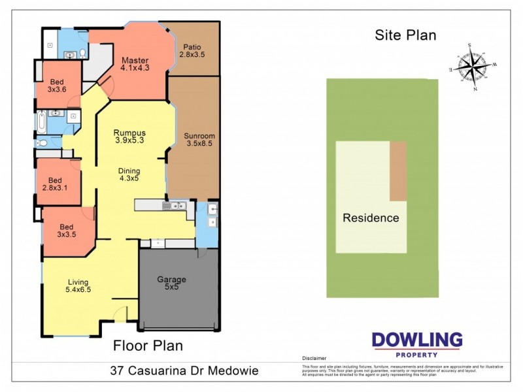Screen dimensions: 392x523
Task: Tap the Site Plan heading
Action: [x=405, y=35]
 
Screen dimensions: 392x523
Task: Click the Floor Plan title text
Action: [x=148, y=345]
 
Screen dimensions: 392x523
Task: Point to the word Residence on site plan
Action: [x=371, y=218]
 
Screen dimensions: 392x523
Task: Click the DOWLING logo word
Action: [x=416, y=340]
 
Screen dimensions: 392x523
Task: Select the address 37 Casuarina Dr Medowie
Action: [x=184, y=371]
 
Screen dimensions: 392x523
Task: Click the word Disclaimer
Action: [x=314, y=359]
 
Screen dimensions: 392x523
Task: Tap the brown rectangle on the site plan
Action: [x=397, y=171]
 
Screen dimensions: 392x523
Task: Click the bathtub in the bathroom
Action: [x=41, y=122]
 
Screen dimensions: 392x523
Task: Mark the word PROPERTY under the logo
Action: [x=416, y=355]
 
